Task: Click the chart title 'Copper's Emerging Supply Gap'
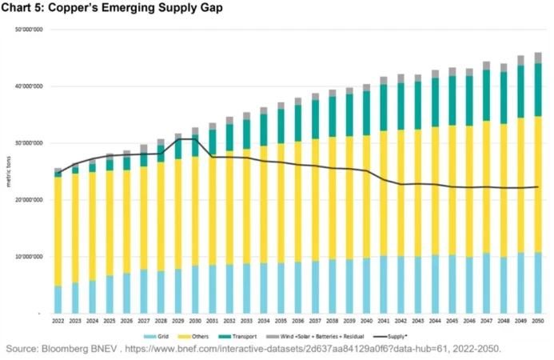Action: (x=112, y=8)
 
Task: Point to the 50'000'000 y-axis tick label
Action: (x=30, y=30)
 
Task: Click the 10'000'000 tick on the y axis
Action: (x=30, y=257)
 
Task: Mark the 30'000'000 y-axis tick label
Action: (x=30, y=143)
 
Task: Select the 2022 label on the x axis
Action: (x=58, y=320)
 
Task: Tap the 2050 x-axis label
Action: (x=537, y=320)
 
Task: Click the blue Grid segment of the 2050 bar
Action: (x=537, y=283)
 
